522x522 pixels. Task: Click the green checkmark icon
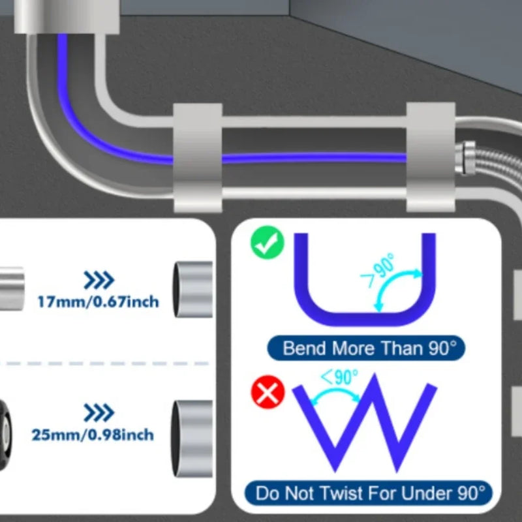[x=268, y=243]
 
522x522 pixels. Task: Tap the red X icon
[x=268, y=392]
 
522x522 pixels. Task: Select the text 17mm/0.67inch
[x=99, y=302]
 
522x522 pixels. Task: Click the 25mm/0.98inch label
[x=93, y=435]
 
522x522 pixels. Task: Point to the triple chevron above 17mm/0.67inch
[x=99, y=280]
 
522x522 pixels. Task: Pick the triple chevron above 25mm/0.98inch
[x=99, y=413]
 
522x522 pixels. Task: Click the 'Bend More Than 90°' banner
[x=366, y=348]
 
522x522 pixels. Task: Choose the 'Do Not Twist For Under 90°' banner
[x=368, y=493]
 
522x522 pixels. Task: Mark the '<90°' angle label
[x=339, y=377]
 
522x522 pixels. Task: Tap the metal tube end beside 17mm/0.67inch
[x=192, y=289]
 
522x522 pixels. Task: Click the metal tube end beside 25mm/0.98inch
[x=192, y=438]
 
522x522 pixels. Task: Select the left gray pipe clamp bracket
[x=198, y=158]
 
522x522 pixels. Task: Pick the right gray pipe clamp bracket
[x=431, y=157]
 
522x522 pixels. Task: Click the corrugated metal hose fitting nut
[x=465, y=159]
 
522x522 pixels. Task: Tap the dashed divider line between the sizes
[x=104, y=363]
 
